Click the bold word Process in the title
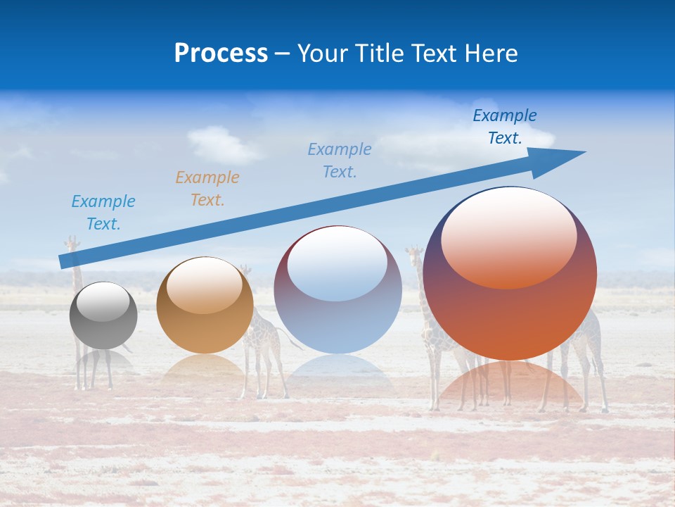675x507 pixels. coord(221,54)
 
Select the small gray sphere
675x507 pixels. coord(103,316)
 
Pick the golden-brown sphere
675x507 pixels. coord(205,306)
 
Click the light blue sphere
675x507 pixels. coord(337,290)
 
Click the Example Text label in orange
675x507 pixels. coord(207,188)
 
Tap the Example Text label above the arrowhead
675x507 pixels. coord(505,127)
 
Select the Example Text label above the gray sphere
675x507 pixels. coord(103,212)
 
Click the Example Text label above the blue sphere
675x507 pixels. coord(340,160)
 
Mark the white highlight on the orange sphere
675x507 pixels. coord(508,238)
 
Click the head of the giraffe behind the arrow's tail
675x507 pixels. coord(72,244)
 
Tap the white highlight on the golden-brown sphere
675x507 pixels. coord(205,285)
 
